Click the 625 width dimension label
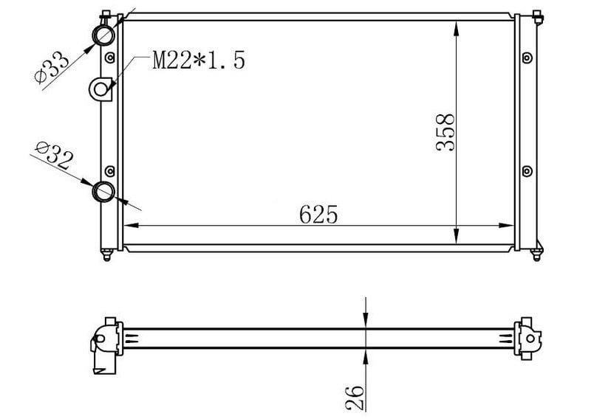coord(318,215)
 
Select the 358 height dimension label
coord(445,133)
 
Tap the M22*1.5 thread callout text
coord(199,60)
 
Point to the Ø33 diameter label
coord(52,67)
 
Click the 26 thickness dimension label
coord(355,398)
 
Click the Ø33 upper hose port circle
coord(103,35)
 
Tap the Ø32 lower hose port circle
coord(103,192)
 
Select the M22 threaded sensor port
coord(100,89)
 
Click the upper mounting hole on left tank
coord(109,58)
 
